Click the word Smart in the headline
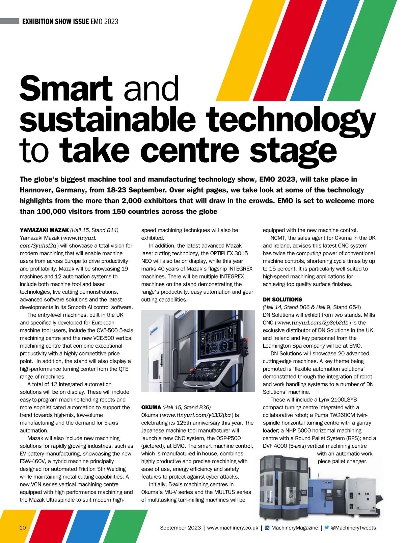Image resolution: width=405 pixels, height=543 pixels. [x=66, y=88]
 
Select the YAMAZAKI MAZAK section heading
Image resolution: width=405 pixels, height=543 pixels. [x=44, y=230]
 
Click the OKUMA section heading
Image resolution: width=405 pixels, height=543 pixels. [x=151, y=408]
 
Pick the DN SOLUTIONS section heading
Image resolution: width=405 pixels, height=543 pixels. [x=282, y=299]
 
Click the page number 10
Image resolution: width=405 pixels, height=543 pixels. [x=23, y=528]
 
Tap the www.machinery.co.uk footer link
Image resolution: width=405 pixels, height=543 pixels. [x=233, y=528]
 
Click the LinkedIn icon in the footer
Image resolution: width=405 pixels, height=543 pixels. [x=267, y=528]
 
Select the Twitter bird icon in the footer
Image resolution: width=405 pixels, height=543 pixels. [x=326, y=528]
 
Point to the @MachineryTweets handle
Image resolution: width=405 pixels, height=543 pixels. [x=353, y=528]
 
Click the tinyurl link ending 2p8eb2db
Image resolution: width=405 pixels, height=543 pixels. [x=313, y=323]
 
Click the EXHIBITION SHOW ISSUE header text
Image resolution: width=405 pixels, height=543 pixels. [x=56, y=22]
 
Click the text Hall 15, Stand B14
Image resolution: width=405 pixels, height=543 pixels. [x=94, y=230]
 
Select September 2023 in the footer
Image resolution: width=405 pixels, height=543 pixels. [x=180, y=528]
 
